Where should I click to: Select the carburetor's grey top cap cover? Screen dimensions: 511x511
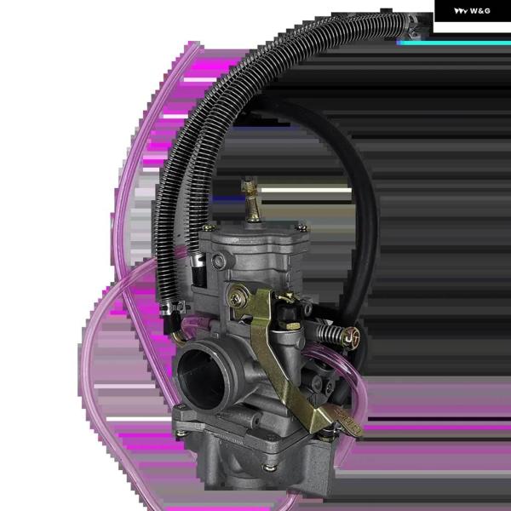pyautogui.click(x=255, y=243)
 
